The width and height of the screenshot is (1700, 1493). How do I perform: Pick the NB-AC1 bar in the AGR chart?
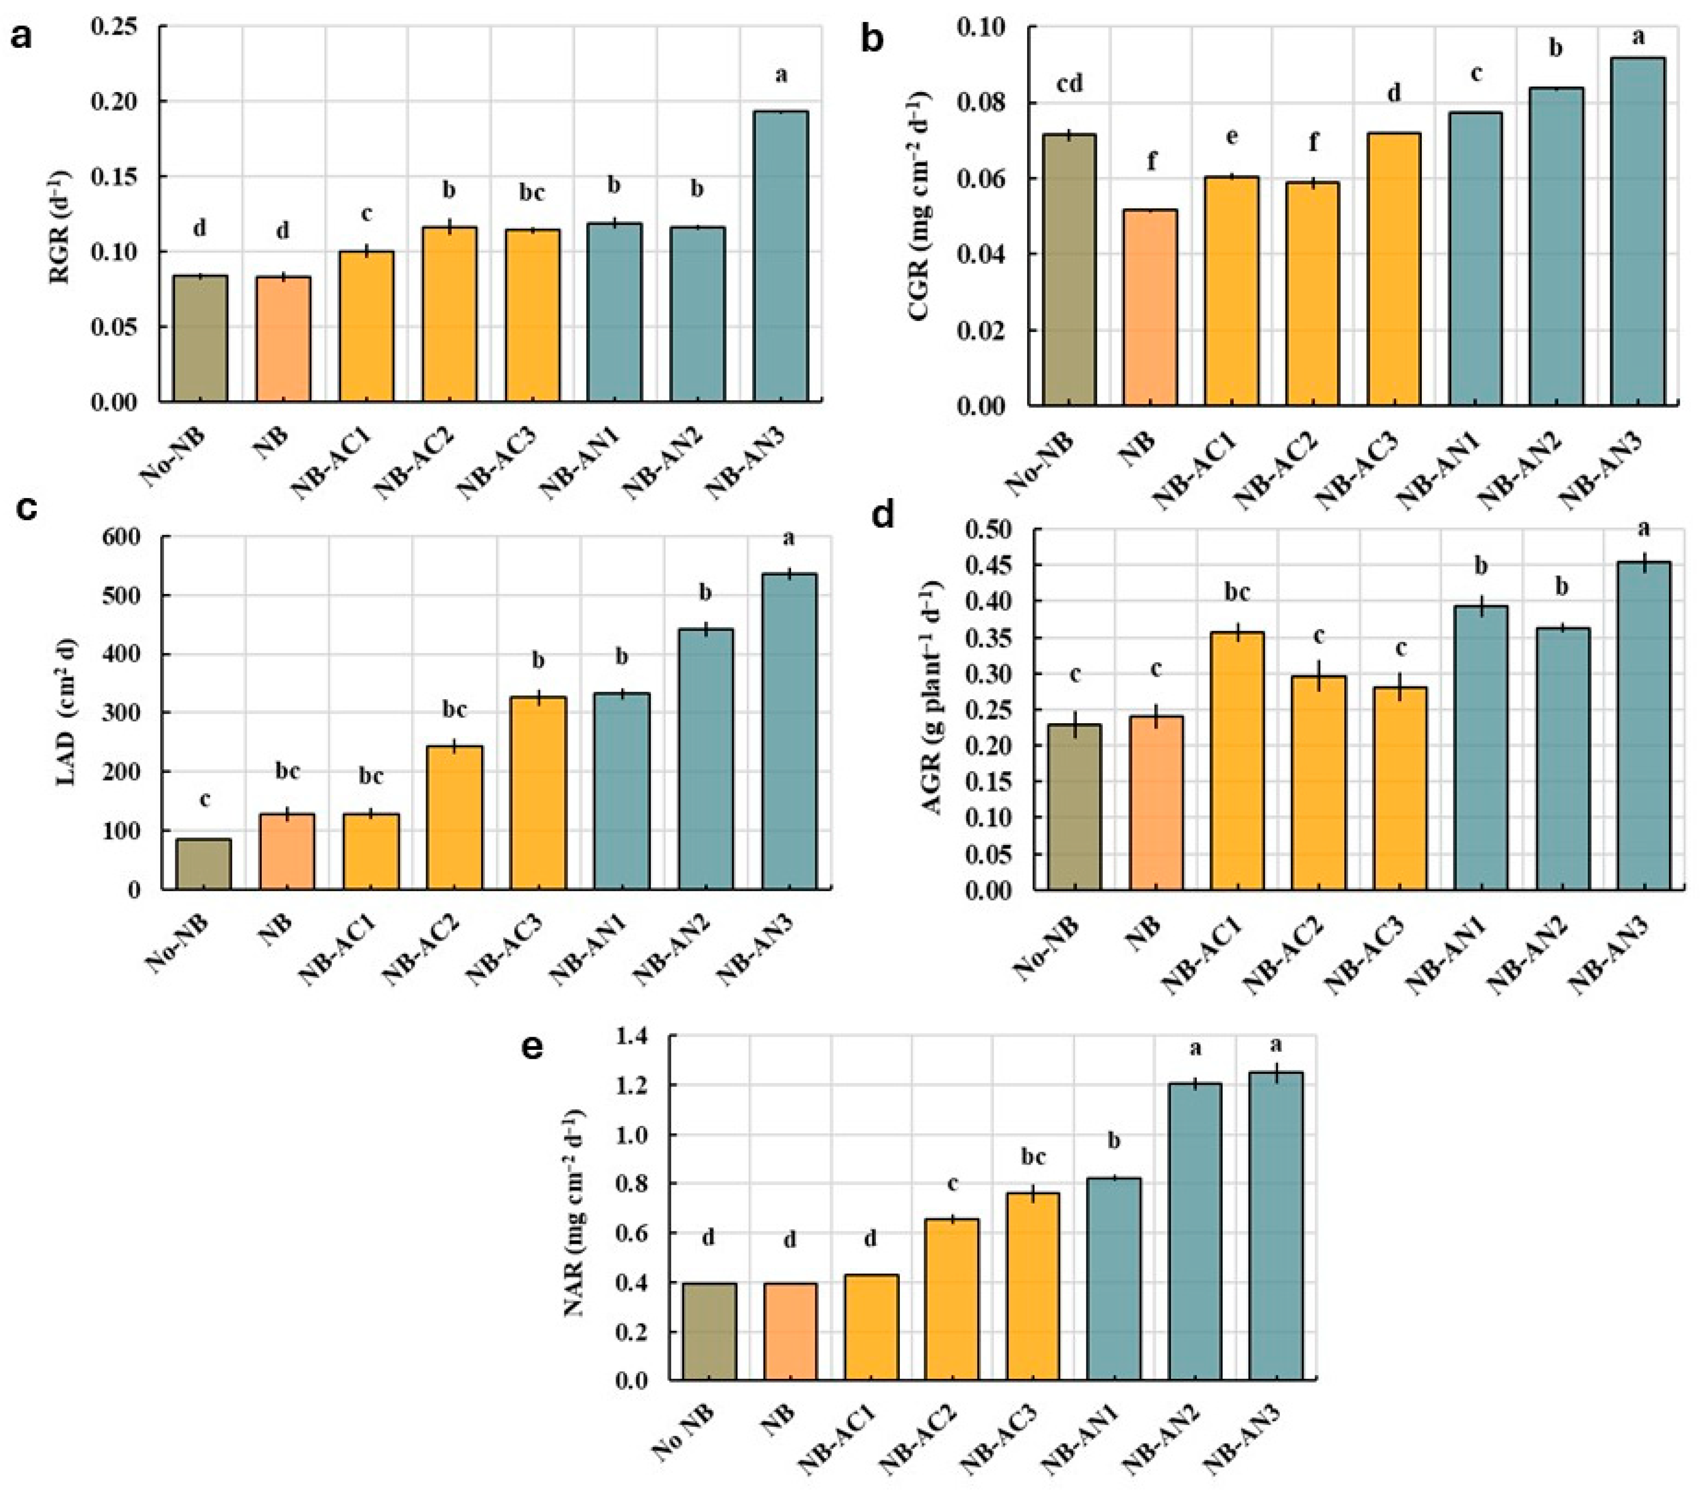pyautogui.click(x=1237, y=761)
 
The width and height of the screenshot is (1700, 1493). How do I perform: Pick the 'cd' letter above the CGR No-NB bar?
pyautogui.click(x=1069, y=84)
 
